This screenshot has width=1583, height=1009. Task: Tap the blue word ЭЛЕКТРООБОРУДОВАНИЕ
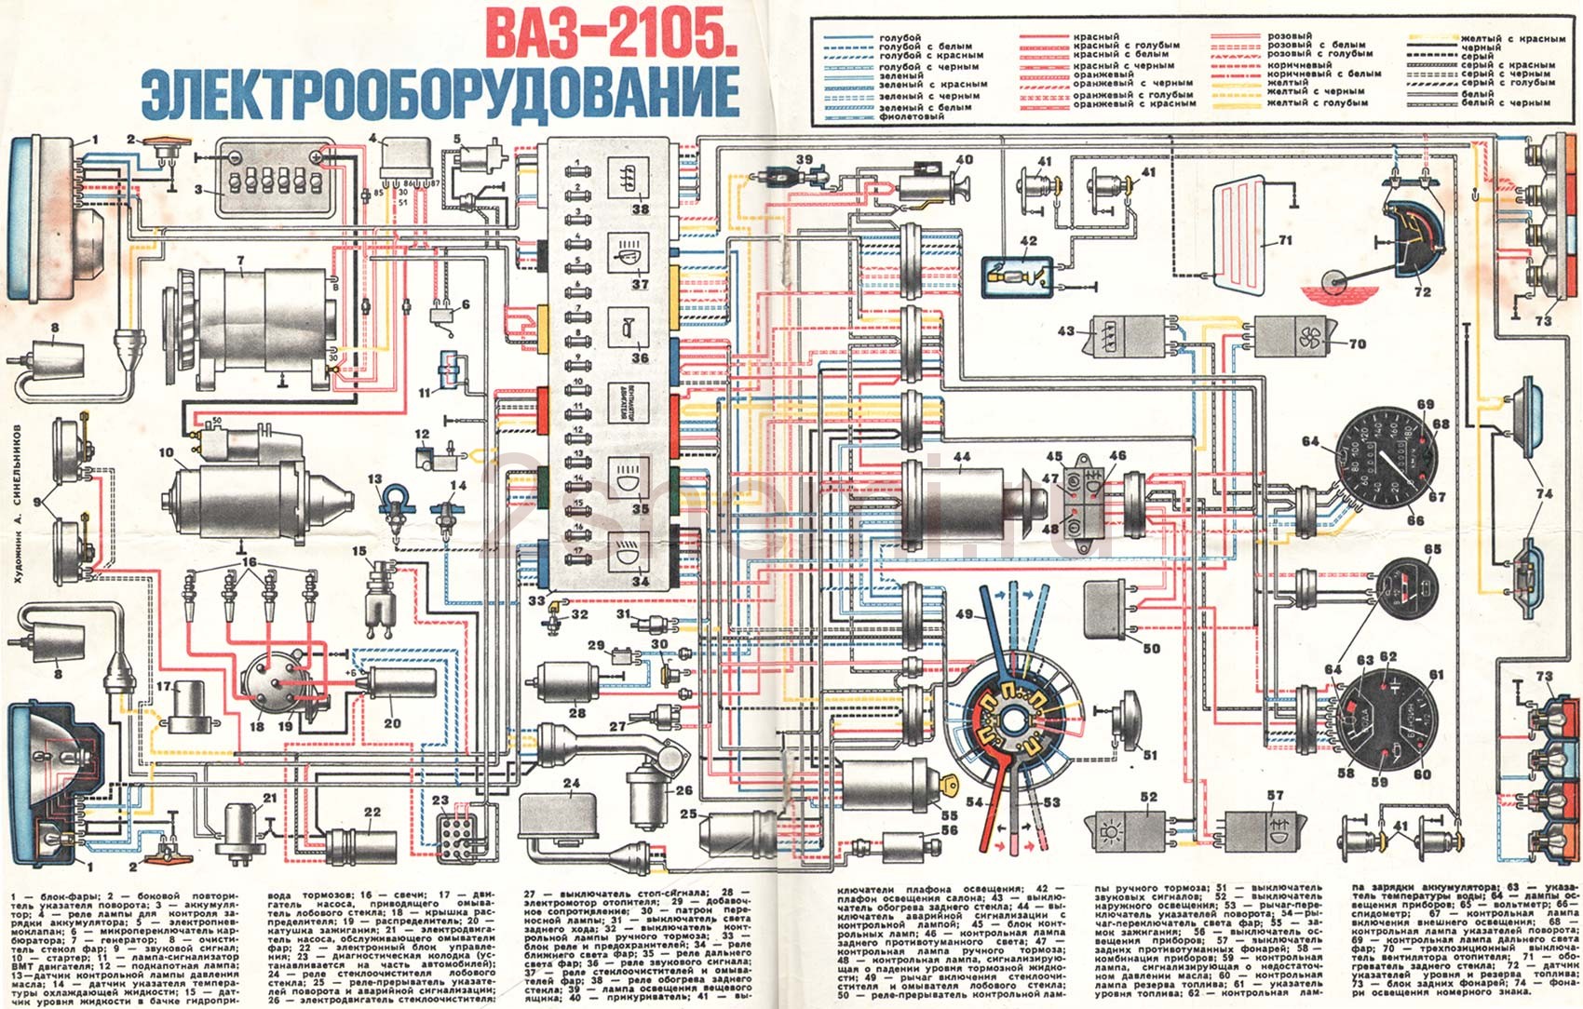pos(440,93)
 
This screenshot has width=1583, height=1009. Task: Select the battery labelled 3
pos(271,178)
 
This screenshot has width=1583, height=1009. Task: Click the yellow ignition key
pos(951,785)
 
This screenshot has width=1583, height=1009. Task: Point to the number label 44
pos(961,457)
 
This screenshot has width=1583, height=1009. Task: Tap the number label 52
pos(1147,797)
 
